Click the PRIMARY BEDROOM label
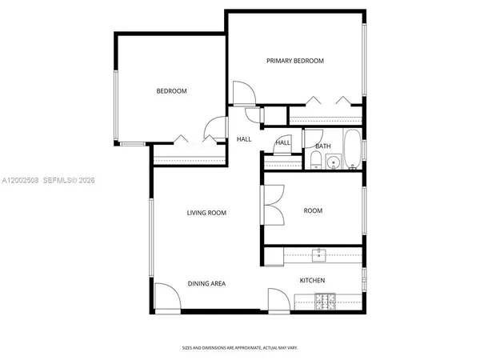(295, 61)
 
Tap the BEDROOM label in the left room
(171, 91)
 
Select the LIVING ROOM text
(206, 213)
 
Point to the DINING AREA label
(206, 283)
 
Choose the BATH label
(322, 146)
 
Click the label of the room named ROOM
(313, 211)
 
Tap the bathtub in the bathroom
(351, 148)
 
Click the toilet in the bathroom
(315, 163)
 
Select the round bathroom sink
(333, 163)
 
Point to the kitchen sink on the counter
(319, 255)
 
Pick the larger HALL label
(244, 139)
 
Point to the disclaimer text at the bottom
(239, 347)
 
